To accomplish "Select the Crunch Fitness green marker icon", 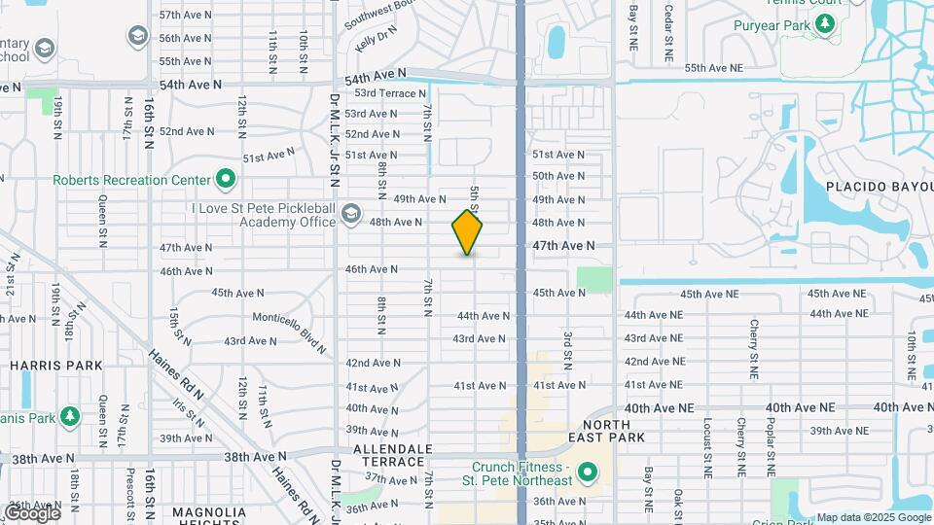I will tap(587, 474).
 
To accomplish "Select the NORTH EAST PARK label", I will tap(614, 431).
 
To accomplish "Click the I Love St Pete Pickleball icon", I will tap(350, 213).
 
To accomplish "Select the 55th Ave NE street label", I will tap(713, 68).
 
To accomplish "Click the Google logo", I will tap(32, 512).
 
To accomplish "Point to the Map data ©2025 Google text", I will tap(873, 517).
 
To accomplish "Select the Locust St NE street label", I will tap(707, 446).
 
